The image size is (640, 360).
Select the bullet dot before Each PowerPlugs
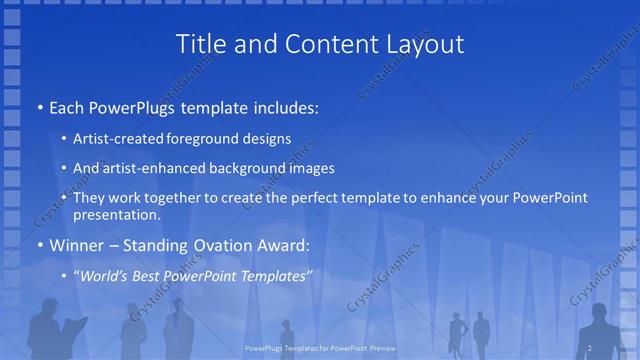click(x=39, y=106)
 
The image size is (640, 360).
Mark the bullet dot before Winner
click(x=39, y=245)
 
